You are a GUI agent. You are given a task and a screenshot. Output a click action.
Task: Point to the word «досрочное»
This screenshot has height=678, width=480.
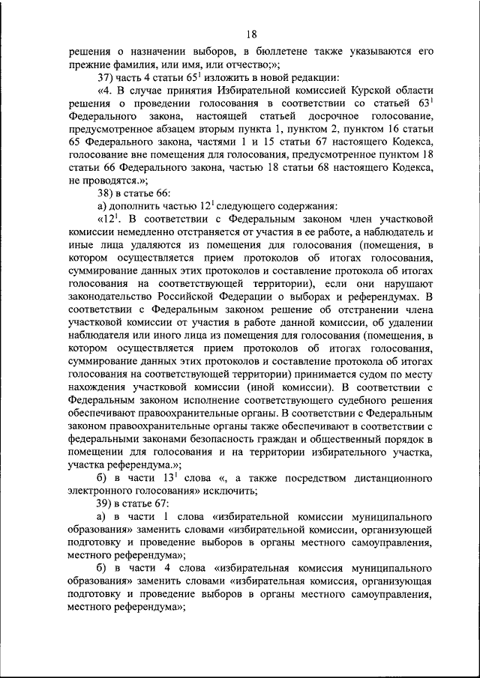(329, 118)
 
